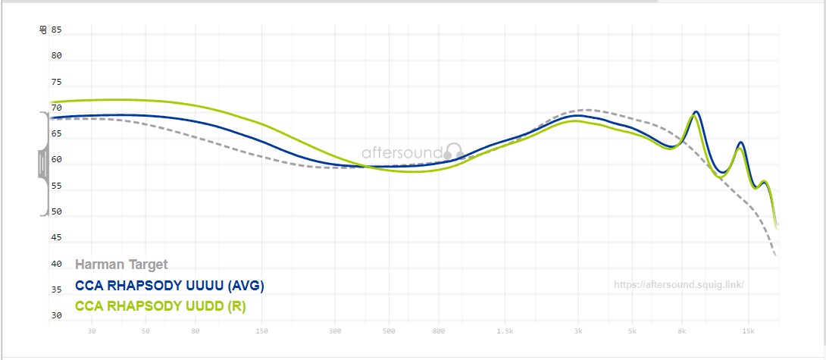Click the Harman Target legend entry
coord(121,265)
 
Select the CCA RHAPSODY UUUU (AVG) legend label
coord(169,286)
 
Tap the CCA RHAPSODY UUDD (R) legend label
coord(161,306)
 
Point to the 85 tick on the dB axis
coord(56,30)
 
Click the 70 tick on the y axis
coord(56,108)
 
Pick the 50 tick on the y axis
coord(56,212)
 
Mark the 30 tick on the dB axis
coord(56,315)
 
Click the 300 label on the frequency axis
coord(336,331)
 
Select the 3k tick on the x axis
coord(579,331)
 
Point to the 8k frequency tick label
coord(683,331)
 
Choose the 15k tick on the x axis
coord(749,331)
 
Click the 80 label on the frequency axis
coord(196,331)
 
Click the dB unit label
coord(43,30)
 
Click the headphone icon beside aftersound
coord(454,151)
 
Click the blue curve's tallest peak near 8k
coord(696,112)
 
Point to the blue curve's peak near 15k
coord(740,142)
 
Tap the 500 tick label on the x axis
coord(390,331)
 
